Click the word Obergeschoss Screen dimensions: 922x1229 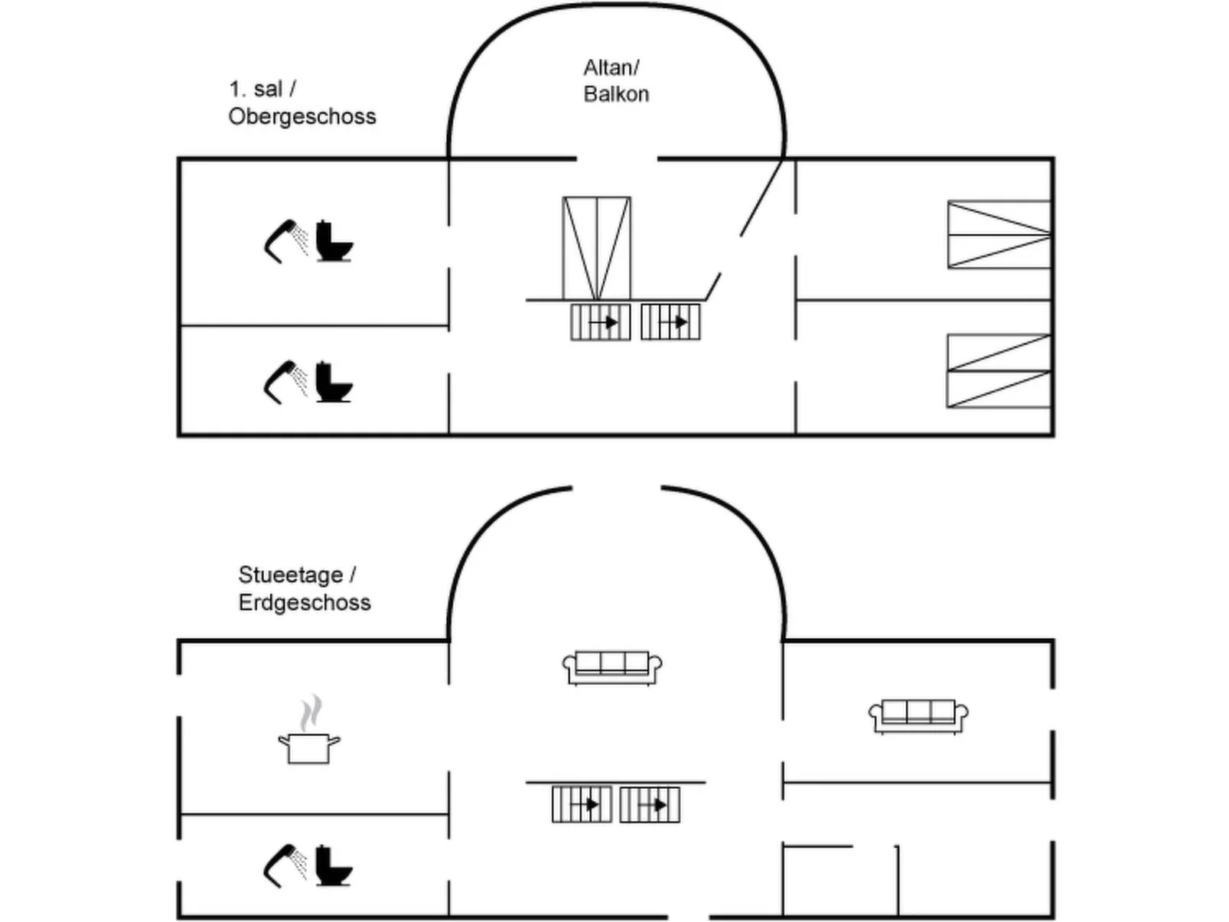(302, 116)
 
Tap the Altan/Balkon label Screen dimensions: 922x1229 (615, 81)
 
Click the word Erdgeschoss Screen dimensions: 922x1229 (304, 602)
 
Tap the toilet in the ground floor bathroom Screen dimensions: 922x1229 (334, 866)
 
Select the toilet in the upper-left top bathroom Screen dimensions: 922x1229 (334, 242)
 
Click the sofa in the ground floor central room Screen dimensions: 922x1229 (612, 667)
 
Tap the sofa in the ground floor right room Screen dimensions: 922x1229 (918, 716)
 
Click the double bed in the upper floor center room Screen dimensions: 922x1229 (597, 248)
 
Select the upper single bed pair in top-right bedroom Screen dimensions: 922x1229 (999, 235)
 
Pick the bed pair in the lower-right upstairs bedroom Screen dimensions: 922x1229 (999, 371)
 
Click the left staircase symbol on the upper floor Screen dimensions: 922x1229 (601, 322)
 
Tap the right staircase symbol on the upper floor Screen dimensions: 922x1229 (670, 322)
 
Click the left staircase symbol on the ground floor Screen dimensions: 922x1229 (582, 804)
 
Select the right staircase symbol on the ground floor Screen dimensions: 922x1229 (650, 804)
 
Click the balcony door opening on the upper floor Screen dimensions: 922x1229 (617, 158)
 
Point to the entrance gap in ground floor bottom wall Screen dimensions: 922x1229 (688, 916)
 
